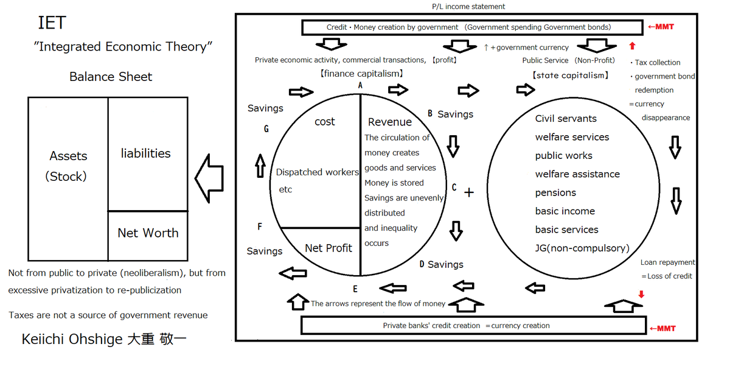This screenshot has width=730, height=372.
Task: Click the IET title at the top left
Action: tap(52, 23)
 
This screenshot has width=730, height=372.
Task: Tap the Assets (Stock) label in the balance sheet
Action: tap(68, 166)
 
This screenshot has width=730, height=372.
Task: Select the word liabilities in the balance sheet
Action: tap(146, 153)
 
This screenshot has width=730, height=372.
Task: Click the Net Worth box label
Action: tap(148, 233)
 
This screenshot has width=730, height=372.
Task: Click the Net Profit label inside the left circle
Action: tap(328, 248)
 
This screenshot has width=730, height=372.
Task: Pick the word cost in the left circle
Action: tap(325, 122)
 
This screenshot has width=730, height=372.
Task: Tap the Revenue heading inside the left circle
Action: tap(390, 122)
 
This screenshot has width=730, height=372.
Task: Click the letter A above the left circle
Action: tap(361, 86)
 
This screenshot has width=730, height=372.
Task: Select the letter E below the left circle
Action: tap(355, 289)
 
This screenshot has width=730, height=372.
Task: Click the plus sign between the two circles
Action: tap(468, 192)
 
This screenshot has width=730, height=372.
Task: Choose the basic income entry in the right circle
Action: tap(565, 211)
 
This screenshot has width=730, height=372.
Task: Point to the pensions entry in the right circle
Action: tap(555, 192)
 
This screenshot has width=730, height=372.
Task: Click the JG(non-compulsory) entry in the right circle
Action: tap(582, 248)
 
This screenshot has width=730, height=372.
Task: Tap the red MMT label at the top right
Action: tap(662, 27)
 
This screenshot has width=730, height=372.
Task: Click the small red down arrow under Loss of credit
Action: tap(641, 295)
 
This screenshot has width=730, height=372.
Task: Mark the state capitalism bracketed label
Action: tap(570, 75)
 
